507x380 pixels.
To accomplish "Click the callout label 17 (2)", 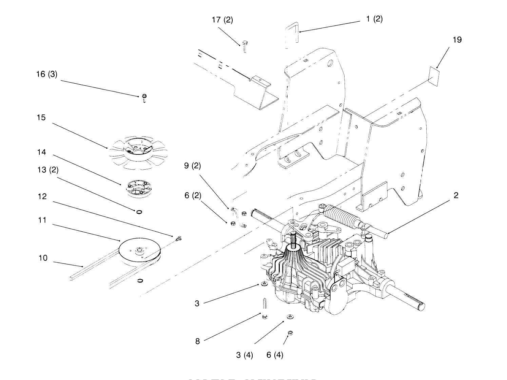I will tap(222, 20).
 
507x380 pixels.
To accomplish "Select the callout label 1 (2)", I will tap(374, 19).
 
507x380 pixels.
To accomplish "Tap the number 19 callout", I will tap(457, 40).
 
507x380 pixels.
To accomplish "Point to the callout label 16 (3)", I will tap(47, 74).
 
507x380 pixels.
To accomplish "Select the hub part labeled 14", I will tap(137, 188).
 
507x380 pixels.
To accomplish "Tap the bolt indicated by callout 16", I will tap(144, 99).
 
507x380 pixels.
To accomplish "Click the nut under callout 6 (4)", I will tap(290, 333).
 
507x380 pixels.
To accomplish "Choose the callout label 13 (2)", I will tap(47, 170).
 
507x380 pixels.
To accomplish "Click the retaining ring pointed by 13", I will tap(139, 212).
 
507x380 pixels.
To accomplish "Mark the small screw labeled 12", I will tap(178, 239).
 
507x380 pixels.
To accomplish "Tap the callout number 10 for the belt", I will tap(43, 258).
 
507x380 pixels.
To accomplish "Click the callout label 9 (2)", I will tap(192, 166).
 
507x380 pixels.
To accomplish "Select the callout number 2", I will tap(456, 195).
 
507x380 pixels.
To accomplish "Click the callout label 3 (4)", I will tap(245, 355).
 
